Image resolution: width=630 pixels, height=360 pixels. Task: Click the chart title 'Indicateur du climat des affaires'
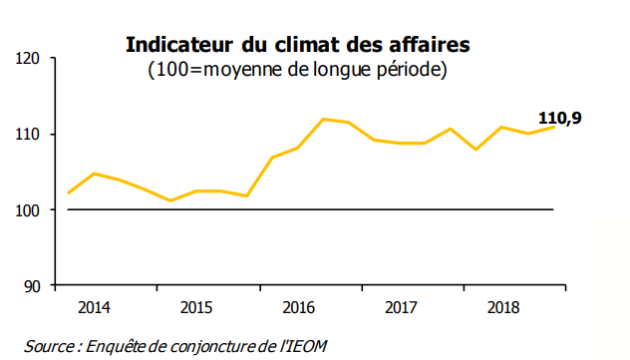(296, 46)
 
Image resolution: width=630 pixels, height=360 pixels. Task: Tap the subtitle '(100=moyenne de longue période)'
(296, 70)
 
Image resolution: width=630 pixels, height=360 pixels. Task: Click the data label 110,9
(559, 120)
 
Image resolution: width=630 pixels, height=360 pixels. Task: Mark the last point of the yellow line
(553, 127)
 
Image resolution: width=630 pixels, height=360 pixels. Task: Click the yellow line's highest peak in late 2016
(323, 119)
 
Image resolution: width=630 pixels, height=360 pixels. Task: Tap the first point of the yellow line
(68, 193)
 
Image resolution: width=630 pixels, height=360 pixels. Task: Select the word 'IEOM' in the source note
(306, 346)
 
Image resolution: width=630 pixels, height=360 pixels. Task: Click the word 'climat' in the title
(315, 46)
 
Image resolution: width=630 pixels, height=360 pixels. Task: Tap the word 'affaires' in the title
(431, 46)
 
